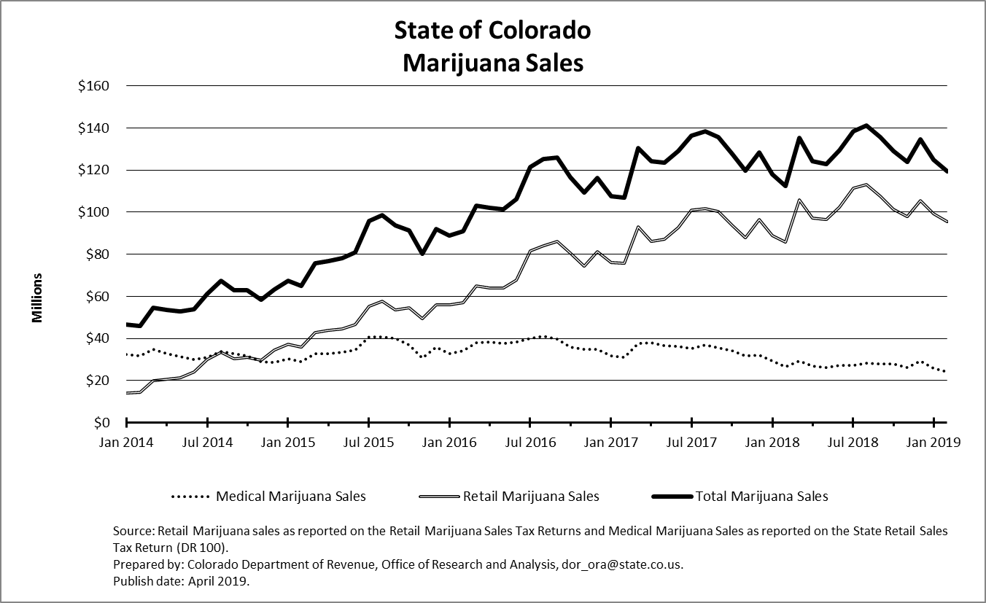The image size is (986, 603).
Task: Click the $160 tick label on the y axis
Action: tap(93, 86)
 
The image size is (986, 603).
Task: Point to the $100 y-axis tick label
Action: tap(93, 212)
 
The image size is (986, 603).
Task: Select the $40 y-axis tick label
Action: tap(96, 338)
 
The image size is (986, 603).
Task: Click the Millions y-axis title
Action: tap(37, 297)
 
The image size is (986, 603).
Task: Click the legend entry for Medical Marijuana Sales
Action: tap(291, 497)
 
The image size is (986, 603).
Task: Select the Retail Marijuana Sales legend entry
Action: tap(531, 497)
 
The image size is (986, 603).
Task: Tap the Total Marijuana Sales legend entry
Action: tap(762, 497)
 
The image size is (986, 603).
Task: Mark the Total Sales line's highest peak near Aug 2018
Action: tap(866, 125)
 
